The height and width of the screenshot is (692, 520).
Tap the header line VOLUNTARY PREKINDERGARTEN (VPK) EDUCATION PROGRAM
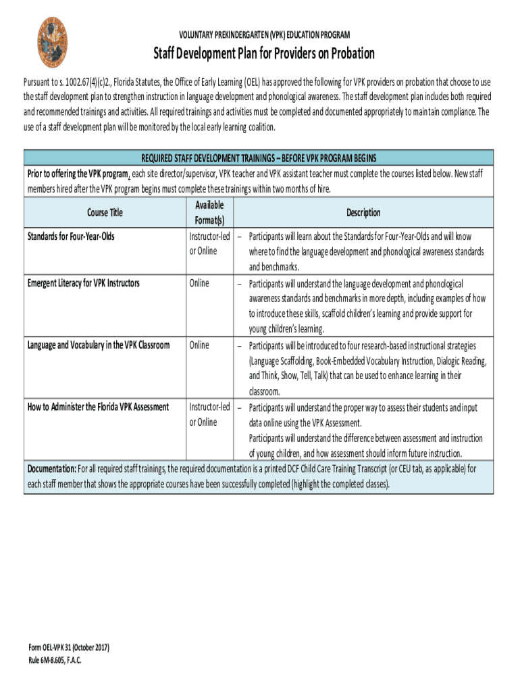click(x=264, y=34)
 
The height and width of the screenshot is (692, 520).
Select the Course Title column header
click(x=105, y=213)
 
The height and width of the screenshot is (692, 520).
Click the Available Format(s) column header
click(x=209, y=213)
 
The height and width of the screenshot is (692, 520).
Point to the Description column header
click(x=363, y=213)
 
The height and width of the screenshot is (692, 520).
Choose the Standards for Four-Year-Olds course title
click(x=70, y=237)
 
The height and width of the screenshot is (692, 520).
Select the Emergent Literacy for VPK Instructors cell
click(x=83, y=283)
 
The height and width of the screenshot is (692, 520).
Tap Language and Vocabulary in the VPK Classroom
click(x=98, y=345)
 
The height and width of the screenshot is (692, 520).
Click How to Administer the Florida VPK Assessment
click(x=97, y=407)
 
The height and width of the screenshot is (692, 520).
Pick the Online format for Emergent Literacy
click(x=199, y=283)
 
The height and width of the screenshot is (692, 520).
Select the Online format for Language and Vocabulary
click(x=199, y=345)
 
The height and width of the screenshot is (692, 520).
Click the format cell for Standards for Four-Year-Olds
click(x=209, y=245)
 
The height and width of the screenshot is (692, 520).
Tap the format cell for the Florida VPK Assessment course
click(x=209, y=414)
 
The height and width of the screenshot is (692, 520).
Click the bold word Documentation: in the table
click(x=51, y=469)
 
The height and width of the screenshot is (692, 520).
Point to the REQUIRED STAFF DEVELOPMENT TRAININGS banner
click(x=259, y=158)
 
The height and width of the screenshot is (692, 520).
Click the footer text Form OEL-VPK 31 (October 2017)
click(x=68, y=648)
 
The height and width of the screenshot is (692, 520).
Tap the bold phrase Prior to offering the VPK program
click(x=76, y=174)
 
